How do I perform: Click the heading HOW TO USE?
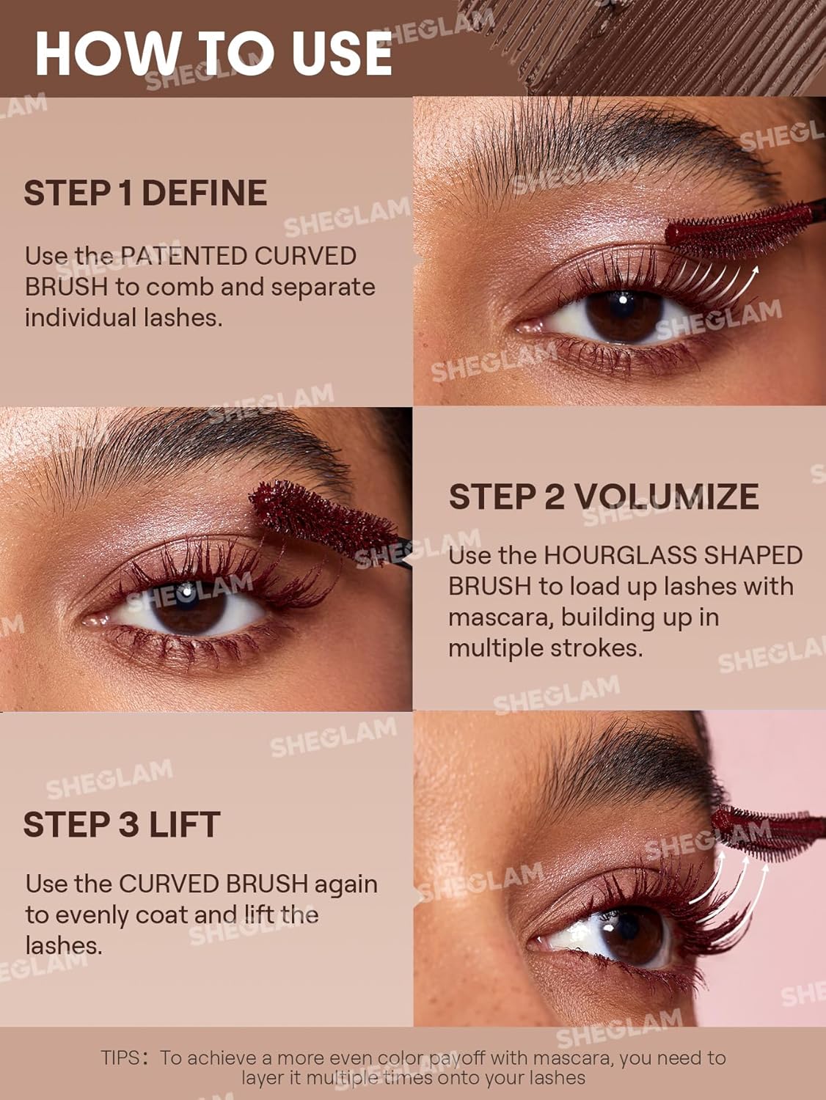tap(213, 53)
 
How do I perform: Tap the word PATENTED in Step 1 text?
tap(184, 256)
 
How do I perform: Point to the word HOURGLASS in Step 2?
tap(620, 555)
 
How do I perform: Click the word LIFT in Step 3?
tap(184, 824)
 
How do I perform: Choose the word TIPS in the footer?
tap(120, 1057)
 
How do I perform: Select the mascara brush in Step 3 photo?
tap(767, 829)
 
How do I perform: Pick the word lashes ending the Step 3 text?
tap(63, 945)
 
